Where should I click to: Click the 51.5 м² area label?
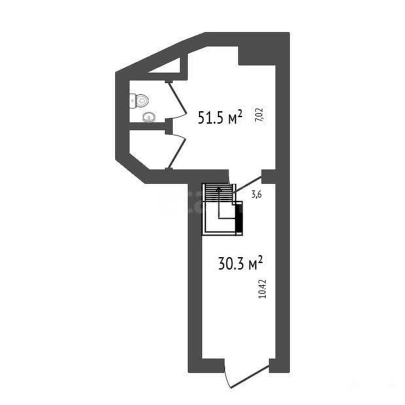click(220, 117)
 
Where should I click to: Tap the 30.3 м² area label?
click(241, 263)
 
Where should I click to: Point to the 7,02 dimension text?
click(259, 115)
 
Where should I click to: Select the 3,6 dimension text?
click(256, 194)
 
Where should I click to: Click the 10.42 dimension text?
click(262, 289)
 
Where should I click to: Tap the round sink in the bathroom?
click(149, 117)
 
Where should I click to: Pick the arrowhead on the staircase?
click(219, 189)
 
